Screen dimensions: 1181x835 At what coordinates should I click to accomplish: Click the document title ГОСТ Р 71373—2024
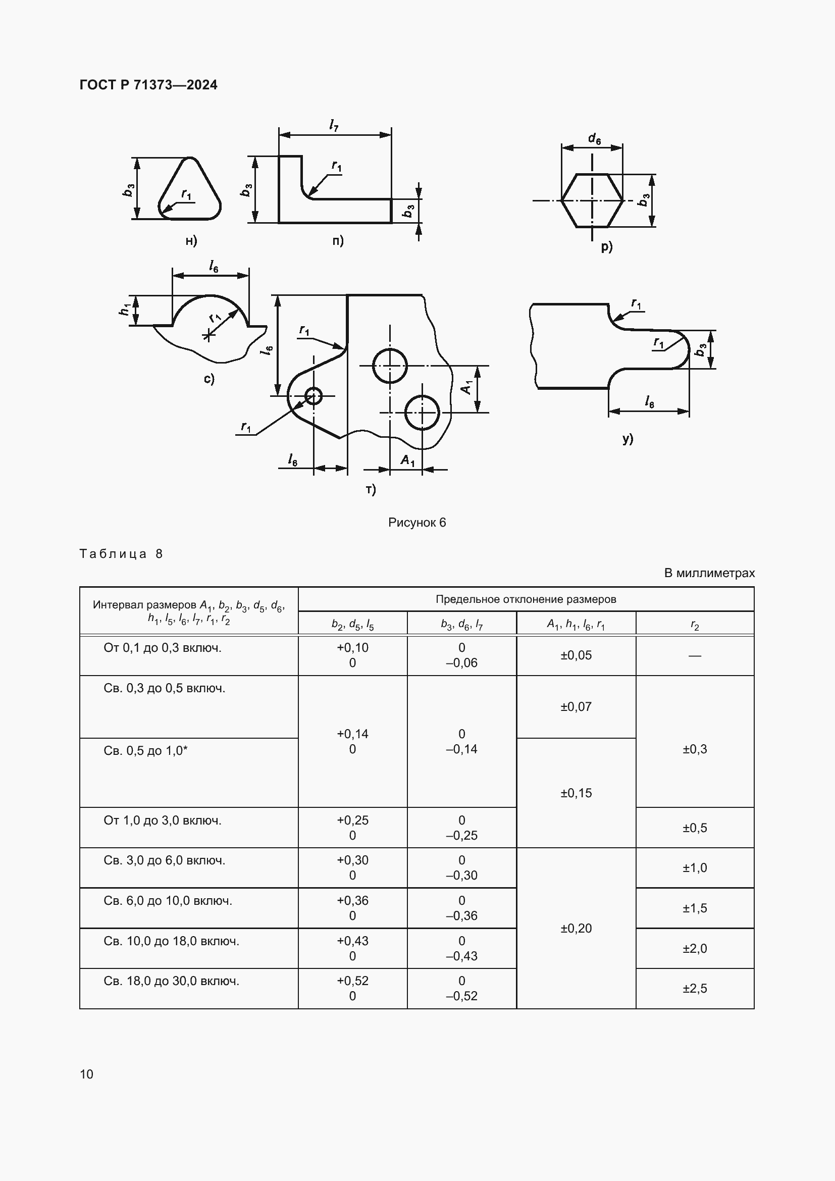[148, 85]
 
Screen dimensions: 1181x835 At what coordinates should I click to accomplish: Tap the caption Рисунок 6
[416, 523]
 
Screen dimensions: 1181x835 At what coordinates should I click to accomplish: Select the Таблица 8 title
[121, 554]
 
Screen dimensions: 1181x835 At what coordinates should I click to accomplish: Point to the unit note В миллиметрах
[709, 573]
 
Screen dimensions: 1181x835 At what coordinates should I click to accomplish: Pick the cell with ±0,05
[576, 655]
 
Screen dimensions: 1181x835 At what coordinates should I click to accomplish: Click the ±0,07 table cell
[576, 707]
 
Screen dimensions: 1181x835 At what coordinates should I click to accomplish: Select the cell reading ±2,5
[695, 989]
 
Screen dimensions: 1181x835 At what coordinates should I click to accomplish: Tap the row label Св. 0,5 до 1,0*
[145, 751]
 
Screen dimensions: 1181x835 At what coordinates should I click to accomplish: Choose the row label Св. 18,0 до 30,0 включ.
[171, 982]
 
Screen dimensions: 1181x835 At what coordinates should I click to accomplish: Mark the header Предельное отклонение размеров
[526, 599]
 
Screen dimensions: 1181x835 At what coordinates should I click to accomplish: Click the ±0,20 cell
[576, 929]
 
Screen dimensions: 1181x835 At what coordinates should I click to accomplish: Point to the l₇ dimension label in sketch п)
[334, 125]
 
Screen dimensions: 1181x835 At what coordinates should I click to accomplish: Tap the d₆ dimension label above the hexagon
[594, 138]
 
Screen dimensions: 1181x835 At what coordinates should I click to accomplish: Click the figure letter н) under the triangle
[191, 241]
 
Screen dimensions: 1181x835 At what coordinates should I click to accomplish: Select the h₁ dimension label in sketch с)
[124, 310]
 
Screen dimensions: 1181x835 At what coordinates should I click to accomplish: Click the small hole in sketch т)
[313, 396]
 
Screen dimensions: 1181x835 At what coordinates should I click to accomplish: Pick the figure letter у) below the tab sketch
[628, 439]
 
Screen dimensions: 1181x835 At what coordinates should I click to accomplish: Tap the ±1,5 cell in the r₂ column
[695, 908]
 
